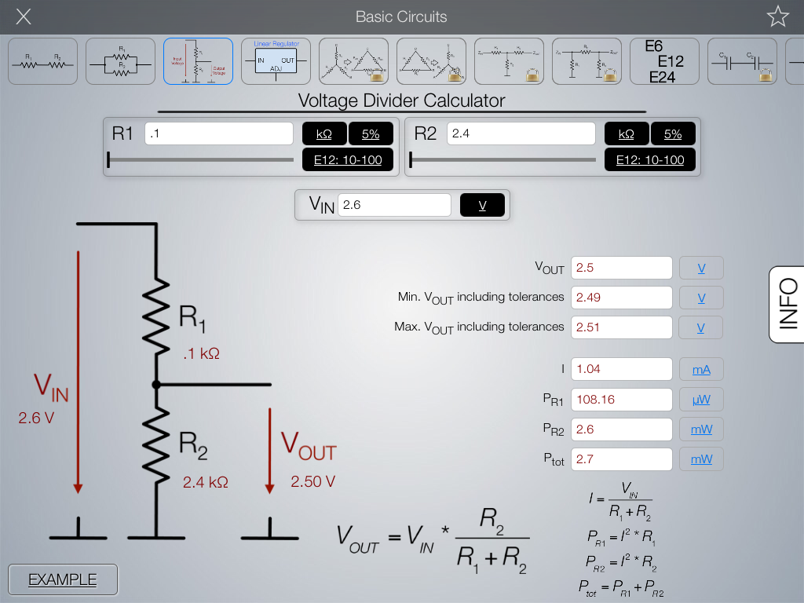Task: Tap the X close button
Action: click(24, 16)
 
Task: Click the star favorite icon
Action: click(777, 16)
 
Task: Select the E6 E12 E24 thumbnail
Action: click(664, 61)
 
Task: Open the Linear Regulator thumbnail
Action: click(276, 61)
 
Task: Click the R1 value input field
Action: click(219, 133)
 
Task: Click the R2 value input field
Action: click(521, 133)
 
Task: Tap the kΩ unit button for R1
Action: click(323, 134)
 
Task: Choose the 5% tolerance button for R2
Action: click(672, 134)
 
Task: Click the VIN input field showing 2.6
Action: click(394, 205)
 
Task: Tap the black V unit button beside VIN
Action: click(482, 205)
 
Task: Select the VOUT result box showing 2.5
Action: click(621, 268)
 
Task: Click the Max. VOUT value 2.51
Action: click(621, 327)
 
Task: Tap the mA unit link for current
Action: click(701, 369)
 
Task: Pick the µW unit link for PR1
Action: click(701, 400)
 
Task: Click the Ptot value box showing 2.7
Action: click(621, 459)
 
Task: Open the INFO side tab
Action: click(786, 304)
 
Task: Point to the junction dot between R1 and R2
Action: click(156, 385)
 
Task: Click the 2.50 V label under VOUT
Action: click(312, 481)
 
